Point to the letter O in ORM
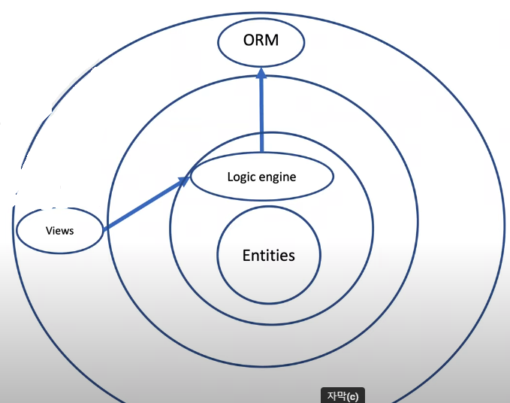pos(248,40)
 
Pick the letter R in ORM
pos(260,40)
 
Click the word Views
pos(59,230)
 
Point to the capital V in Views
pos(49,230)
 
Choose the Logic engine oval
pos(261,177)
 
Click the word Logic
pos(241,177)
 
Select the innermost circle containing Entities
pos(268,256)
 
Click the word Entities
pos(268,256)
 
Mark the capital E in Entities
pos(246,256)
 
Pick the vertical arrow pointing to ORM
pos(262,113)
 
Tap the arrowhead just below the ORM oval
pos(261,74)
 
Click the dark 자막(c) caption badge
pos(343,395)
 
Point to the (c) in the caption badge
pos(352,395)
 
